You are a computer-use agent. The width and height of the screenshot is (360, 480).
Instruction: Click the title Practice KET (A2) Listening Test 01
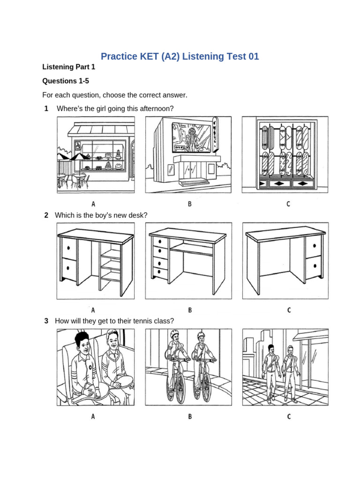[x=180, y=57]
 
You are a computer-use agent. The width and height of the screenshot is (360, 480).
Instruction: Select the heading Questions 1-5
[x=66, y=81]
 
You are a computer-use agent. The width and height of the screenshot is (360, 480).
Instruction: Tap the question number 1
[x=46, y=109]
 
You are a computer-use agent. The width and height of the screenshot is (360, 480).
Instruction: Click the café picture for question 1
[x=96, y=155]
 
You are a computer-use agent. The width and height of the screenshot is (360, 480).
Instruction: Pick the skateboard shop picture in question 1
[x=285, y=155]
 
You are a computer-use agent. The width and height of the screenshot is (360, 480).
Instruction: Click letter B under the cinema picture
[x=190, y=203]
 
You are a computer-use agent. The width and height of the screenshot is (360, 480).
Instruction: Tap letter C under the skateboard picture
[x=288, y=203]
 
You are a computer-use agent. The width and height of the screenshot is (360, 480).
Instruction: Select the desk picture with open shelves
[x=96, y=261]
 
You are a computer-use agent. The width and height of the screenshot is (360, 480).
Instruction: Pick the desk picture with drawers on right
[x=285, y=261]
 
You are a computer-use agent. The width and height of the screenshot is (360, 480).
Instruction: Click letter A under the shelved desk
[x=93, y=310]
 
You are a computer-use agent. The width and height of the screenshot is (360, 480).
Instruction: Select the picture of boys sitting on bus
[x=96, y=367]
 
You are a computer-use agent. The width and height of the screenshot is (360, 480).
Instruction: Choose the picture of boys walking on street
[x=285, y=367]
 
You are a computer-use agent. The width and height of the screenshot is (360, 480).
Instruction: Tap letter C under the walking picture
[x=288, y=416]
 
